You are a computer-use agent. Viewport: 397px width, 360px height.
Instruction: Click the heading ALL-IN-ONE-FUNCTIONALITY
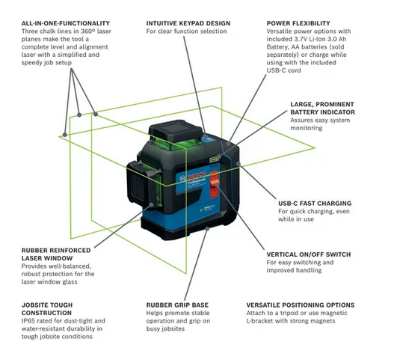66,23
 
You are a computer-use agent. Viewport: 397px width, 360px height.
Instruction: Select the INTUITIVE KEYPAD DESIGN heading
188,23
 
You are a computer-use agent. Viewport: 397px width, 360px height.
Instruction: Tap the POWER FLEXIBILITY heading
298,23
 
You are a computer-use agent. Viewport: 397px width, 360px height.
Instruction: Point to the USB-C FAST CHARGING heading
315,204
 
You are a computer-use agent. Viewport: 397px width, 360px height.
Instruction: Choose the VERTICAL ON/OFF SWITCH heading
309,254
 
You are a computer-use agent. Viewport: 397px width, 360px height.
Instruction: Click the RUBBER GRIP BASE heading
177,305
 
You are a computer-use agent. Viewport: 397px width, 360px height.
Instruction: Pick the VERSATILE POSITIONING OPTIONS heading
301,305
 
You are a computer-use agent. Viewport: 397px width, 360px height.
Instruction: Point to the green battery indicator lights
214,159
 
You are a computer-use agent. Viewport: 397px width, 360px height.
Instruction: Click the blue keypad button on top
206,138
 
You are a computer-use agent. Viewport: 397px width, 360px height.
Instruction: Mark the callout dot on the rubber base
207,229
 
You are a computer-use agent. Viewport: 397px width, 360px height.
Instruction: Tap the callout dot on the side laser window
152,204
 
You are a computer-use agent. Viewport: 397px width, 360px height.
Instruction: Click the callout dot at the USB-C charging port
238,163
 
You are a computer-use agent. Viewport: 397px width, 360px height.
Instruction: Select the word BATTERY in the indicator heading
302,112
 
